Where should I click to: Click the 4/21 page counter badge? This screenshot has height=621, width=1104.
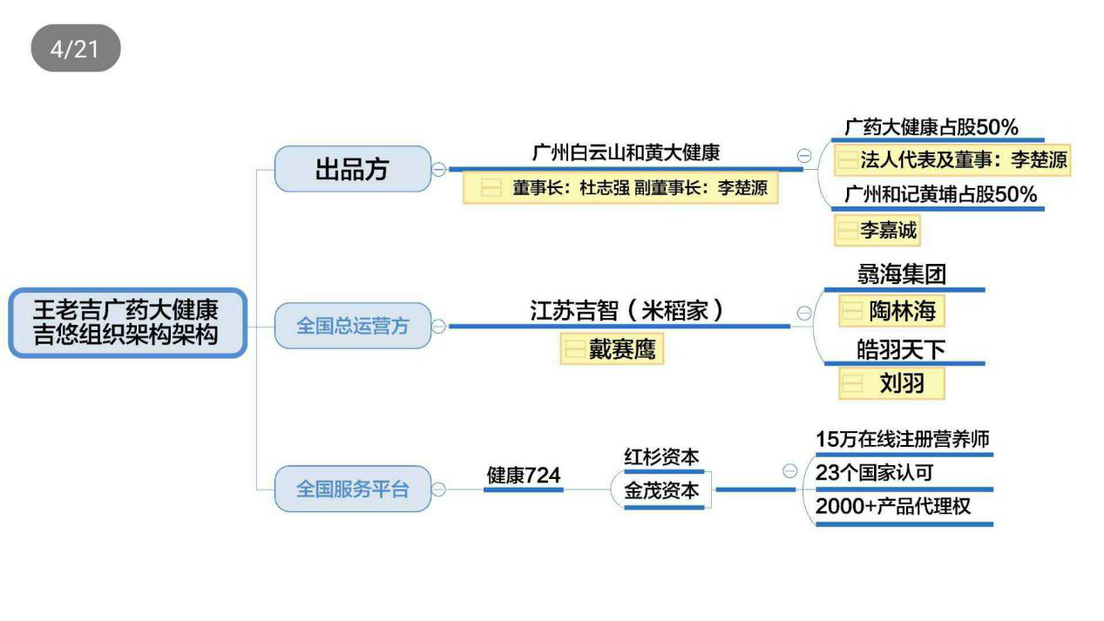coord(76,48)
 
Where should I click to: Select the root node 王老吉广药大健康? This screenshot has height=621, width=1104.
coord(127,322)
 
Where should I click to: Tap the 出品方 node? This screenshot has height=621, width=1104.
coord(352,169)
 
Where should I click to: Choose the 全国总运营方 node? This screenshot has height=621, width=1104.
coord(352,326)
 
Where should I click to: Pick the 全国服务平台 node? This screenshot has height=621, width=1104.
coord(352,489)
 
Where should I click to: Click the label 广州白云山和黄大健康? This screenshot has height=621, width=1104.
coord(626,152)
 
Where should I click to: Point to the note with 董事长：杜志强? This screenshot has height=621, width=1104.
coord(620,187)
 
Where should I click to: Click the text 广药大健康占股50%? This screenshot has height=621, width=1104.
coord(931,127)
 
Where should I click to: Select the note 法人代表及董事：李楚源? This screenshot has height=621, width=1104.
coord(952,160)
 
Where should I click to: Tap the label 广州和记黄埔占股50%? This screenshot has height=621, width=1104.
coord(941,194)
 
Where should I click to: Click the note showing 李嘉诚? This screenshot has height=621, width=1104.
coord(877,231)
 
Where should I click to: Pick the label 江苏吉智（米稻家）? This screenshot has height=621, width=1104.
coord(627,311)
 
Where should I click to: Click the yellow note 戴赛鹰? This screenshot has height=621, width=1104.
coord(612,349)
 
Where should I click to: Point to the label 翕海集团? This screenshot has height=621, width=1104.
coord(901,275)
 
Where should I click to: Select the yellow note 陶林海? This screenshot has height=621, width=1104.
coord(891,311)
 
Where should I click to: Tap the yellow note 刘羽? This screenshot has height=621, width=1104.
coord(891,382)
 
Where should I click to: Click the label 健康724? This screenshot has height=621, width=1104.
coord(523,476)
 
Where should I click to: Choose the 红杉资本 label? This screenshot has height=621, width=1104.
coord(661,457)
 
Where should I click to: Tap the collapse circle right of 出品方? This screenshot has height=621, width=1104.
coord(439,169)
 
